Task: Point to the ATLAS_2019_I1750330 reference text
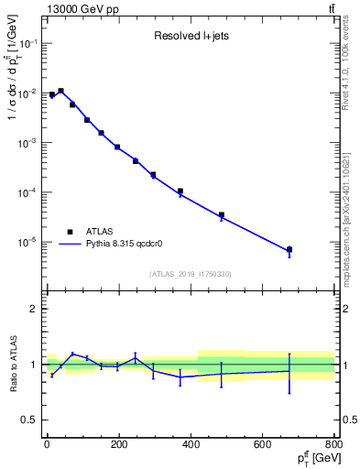pyautogui.click(x=190, y=274)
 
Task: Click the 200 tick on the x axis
pyautogui.click(x=118, y=446)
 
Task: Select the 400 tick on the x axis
pyautogui.click(x=191, y=446)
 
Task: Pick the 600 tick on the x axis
pyautogui.click(x=263, y=446)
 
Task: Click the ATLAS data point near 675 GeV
pyautogui.click(x=289, y=249)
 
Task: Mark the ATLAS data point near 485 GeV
pyautogui.click(x=222, y=215)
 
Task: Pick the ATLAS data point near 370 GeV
pyautogui.click(x=180, y=191)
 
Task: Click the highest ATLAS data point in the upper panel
pyautogui.click(x=60, y=91)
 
